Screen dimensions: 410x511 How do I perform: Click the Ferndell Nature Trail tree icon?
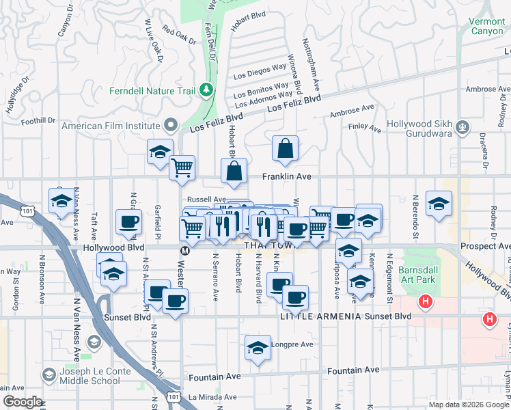tap(204, 91)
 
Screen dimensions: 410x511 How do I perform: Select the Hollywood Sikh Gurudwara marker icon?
tap(463, 126)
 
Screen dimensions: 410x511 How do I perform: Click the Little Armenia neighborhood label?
tap(314, 317)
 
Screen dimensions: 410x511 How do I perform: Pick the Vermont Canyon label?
tap(486, 26)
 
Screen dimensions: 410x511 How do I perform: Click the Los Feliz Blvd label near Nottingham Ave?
tap(294, 104)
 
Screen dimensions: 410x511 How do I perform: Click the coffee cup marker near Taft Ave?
tap(128, 221)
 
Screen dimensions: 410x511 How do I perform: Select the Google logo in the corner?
tap(22, 402)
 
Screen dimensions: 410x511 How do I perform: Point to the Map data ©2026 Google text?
tap(467, 404)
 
